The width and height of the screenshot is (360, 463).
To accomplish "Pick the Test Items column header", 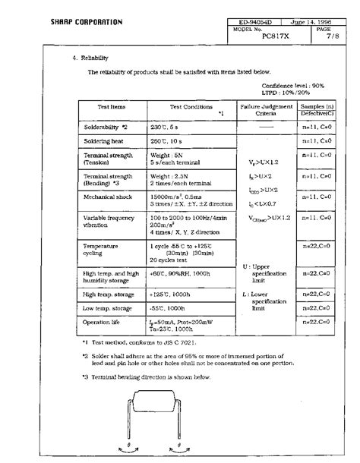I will coord(112,108).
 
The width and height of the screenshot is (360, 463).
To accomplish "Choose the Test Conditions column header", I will coord(191,108).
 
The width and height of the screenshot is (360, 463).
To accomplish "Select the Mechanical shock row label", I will coord(108,196).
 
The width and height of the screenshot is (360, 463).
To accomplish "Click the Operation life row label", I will coord(103,322).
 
